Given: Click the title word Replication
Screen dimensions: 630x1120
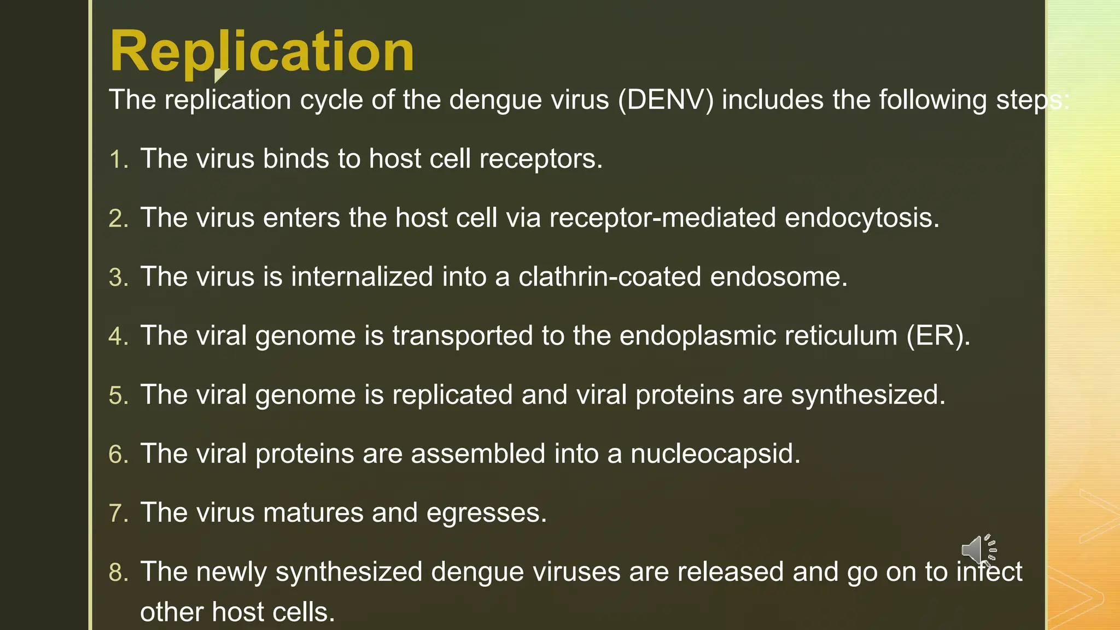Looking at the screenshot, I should pos(261,52).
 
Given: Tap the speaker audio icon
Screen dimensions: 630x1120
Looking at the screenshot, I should pos(978,549).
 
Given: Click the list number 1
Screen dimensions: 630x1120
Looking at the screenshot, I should pos(118,160).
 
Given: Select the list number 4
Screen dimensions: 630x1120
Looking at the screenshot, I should pos(118,336).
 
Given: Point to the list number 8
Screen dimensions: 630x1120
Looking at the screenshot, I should pos(118,573).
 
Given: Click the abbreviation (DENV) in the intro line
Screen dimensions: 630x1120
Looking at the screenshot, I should pos(666,100).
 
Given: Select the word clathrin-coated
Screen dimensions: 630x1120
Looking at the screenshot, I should pos(609,277).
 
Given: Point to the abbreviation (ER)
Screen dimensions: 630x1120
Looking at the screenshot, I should pos(938,336).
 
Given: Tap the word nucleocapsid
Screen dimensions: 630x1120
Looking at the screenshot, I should pos(715,454).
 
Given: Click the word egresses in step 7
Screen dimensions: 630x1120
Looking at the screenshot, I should pos(486,514).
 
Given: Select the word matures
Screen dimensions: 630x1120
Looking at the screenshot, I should pos(313,513).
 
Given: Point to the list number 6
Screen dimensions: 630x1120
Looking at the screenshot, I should pos(118,454).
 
